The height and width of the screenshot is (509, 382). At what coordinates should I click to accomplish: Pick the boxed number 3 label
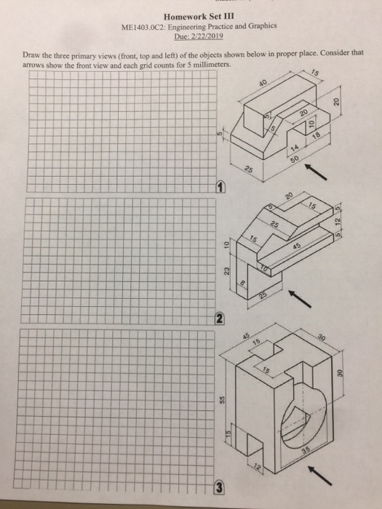(x=218, y=486)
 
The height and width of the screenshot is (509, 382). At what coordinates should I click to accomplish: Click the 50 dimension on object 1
(x=293, y=159)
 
